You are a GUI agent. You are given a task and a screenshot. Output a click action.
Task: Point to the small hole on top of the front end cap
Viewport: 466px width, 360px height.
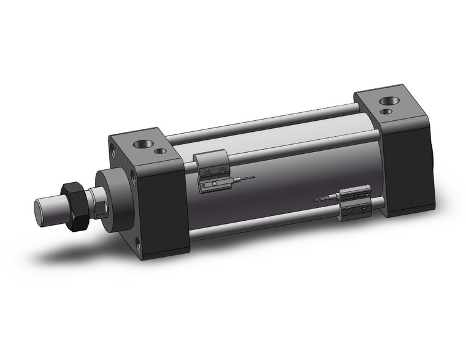tap(161, 150)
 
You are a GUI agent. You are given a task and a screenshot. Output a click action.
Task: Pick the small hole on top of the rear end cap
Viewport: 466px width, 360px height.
tap(386, 112)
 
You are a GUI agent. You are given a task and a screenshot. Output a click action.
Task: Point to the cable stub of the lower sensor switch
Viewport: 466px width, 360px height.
tap(321, 199)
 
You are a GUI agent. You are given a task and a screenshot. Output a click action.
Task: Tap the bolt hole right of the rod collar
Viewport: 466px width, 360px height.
tap(134, 178)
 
